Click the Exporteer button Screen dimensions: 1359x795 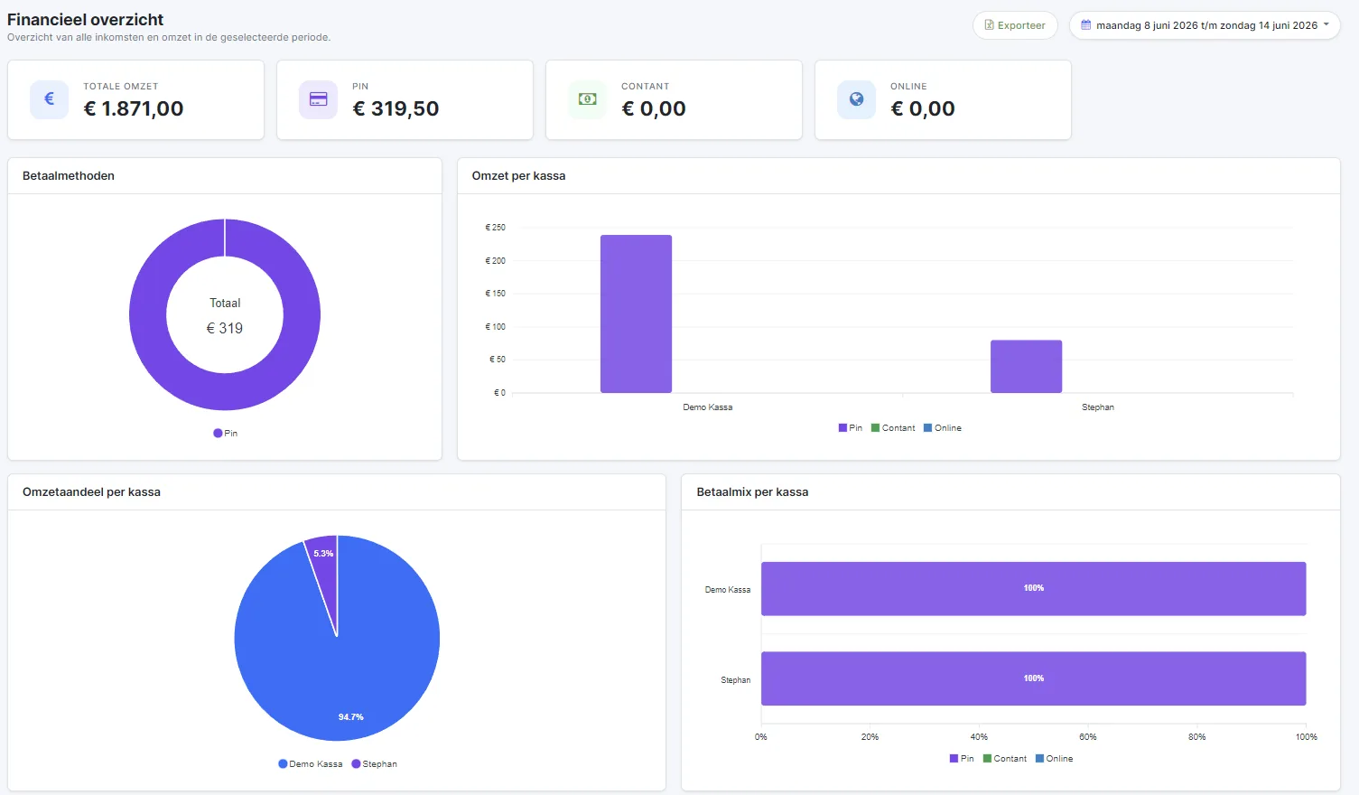pos(1015,25)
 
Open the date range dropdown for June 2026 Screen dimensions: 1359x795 pos(1205,25)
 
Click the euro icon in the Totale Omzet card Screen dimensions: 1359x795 pos(49,98)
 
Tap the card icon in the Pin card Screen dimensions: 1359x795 pos(318,98)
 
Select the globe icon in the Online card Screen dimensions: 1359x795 pos(856,98)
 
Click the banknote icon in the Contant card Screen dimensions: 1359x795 pos(587,98)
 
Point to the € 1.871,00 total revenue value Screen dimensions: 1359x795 pos(134,108)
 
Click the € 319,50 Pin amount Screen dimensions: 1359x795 pos(396,108)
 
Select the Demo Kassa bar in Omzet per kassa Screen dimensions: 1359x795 pos(636,313)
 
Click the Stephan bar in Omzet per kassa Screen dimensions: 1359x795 pos(1026,367)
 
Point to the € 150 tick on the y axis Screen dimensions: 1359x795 pos(495,293)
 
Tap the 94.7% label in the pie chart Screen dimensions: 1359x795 pos(350,716)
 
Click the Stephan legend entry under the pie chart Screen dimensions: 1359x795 pos(375,763)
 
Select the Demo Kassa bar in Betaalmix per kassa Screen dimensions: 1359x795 pos(1033,589)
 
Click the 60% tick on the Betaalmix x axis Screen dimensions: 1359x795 pos(1088,737)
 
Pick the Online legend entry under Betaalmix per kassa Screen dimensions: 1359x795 pos(1054,759)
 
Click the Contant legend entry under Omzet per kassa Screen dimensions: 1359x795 pos(892,428)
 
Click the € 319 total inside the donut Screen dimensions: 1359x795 pos(225,328)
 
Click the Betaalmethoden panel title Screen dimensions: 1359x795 pos(69,176)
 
